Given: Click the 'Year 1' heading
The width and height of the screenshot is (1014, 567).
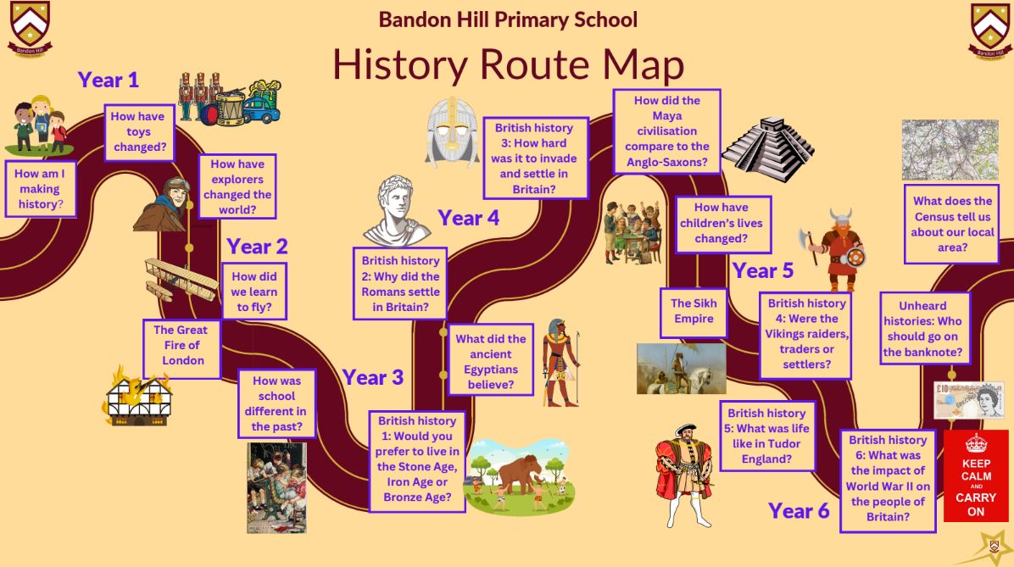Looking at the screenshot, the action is click(x=108, y=81).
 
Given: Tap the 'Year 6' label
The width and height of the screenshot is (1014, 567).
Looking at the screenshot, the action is click(x=799, y=511).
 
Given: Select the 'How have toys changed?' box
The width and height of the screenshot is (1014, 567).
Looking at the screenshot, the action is click(x=139, y=132).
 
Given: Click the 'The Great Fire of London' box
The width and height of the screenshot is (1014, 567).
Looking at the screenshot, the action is click(x=182, y=348).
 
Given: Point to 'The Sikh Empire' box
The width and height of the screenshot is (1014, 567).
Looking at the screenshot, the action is click(x=694, y=313).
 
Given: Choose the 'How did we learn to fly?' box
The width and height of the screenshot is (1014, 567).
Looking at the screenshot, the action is click(x=254, y=291).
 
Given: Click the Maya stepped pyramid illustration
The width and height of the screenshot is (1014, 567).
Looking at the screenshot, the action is click(x=767, y=148).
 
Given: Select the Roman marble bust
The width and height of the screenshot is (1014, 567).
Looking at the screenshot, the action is click(x=396, y=211).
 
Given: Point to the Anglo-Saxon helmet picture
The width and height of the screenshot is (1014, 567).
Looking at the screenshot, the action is click(x=453, y=132).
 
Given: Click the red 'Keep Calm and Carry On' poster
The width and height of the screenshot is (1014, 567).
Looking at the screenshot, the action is click(x=976, y=475).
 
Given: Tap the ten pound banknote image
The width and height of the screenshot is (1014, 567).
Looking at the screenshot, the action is click(x=969, y=400).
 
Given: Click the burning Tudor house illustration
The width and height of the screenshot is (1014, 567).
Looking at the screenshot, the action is click(x=137, y=397).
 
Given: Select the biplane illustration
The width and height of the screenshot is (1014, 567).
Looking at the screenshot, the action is click(x=181, y=280).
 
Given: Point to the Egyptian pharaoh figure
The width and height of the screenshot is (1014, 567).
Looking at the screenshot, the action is click(x=560, y=362).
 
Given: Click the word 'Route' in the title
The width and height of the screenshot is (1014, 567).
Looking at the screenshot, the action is click(x=534, y=65).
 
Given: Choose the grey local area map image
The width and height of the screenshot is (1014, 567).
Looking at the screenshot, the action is click(x=950, y=149).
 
